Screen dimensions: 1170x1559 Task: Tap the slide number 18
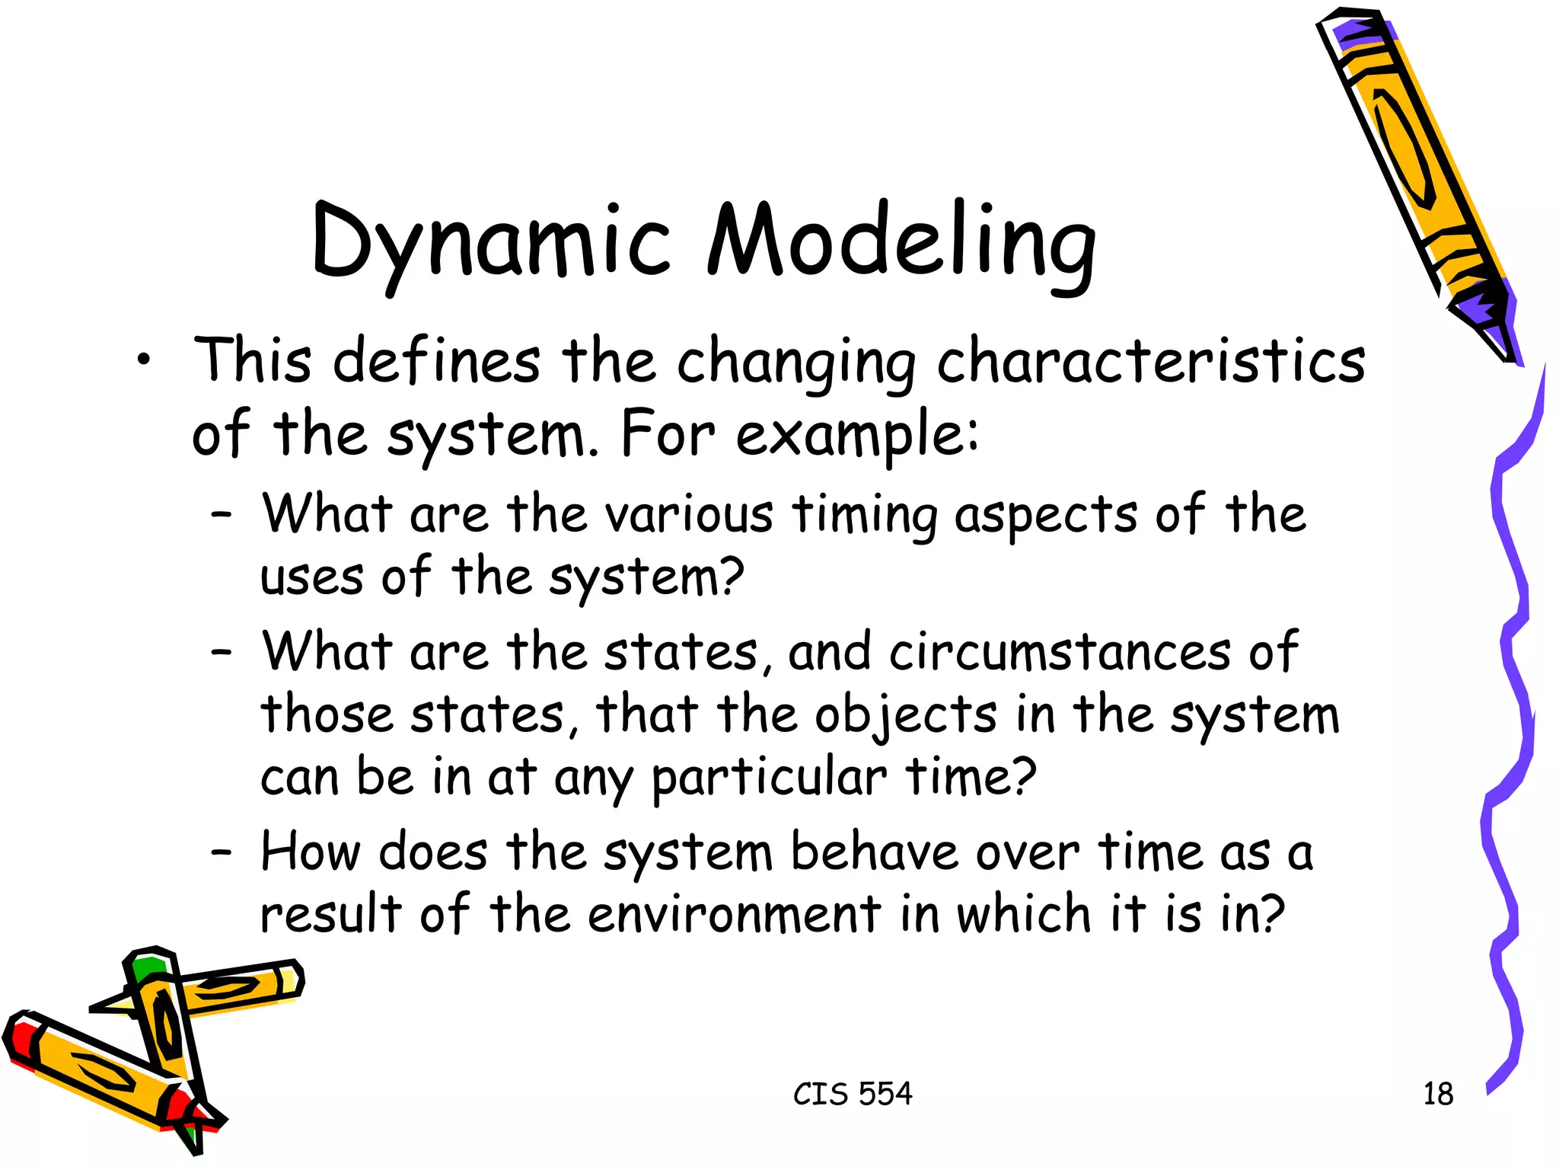[1438, 1094]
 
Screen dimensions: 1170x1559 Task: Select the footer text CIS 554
[853, 1094]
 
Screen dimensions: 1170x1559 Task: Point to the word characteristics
[1151, 361]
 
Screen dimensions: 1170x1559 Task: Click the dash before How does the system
[222, 853]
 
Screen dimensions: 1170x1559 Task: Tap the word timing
[865, 515]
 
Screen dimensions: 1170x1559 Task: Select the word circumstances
[1060, 653]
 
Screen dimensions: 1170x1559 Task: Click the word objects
[905, 716]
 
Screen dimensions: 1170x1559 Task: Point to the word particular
[769, 778]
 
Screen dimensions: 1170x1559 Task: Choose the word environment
[735, 914]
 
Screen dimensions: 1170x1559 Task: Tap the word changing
[796, 363]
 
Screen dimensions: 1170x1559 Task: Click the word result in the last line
[330, 914]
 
